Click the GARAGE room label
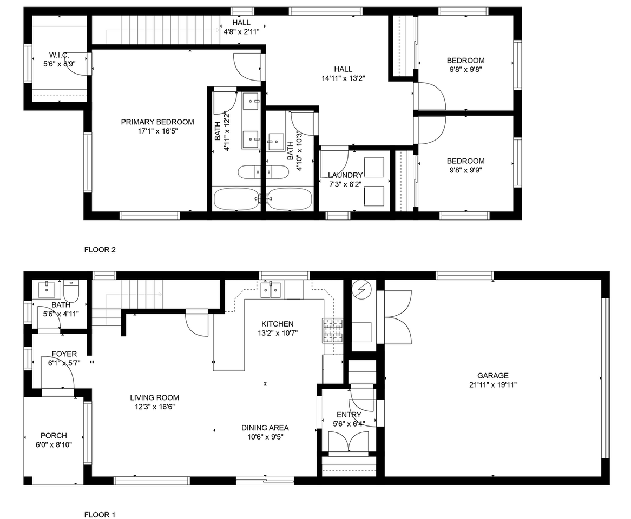[492, 376]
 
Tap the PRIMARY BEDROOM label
[157, 122]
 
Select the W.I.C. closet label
[58, 55]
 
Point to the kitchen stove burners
[333, 330]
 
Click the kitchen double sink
[270, 291]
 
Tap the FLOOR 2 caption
[100, 250]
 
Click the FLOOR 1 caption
[100, 515]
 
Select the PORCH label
[54, 436]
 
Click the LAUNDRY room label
[345, 175]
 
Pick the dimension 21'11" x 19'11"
[492, 385]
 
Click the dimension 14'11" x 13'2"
[343, 78]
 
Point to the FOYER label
[64, 354]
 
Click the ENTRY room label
[349, 415]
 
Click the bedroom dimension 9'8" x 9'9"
[465, 170]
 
